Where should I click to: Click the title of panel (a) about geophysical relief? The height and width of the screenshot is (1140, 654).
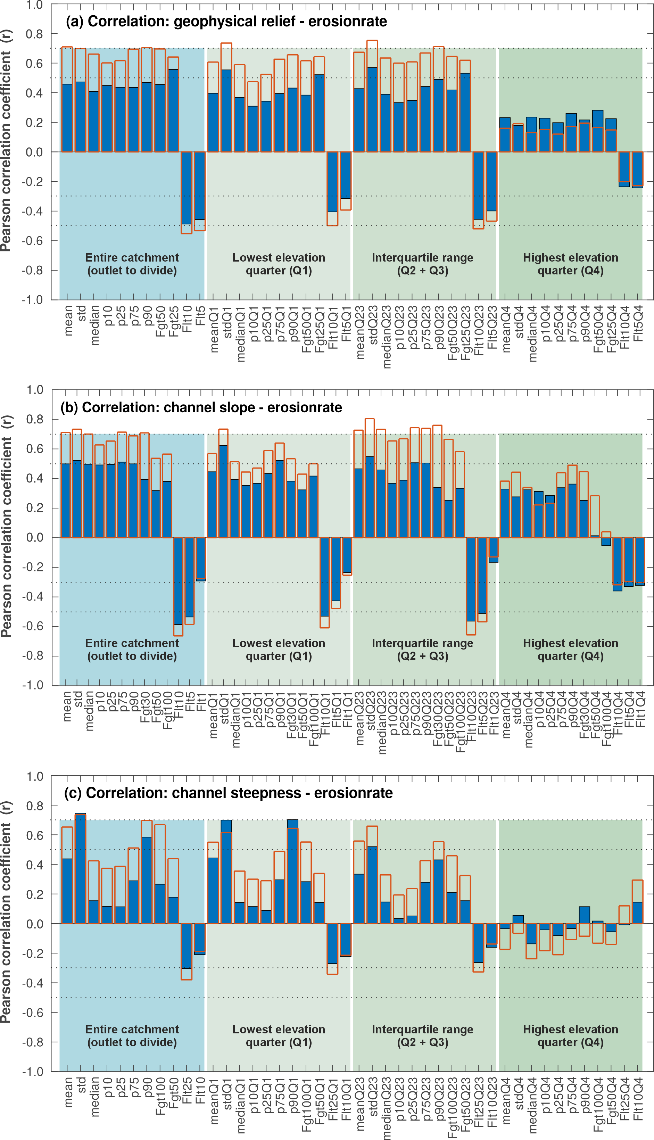226,21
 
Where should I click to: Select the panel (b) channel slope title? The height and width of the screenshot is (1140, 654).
201,407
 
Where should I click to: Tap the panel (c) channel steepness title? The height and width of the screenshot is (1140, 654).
228,793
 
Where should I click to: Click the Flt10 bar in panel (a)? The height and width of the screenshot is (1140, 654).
187,189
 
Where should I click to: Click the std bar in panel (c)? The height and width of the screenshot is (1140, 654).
80,869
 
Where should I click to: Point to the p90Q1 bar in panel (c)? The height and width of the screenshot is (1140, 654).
292,874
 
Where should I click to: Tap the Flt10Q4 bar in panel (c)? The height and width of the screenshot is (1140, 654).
637,914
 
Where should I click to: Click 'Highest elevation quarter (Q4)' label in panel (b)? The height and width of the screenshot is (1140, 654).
570,650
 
